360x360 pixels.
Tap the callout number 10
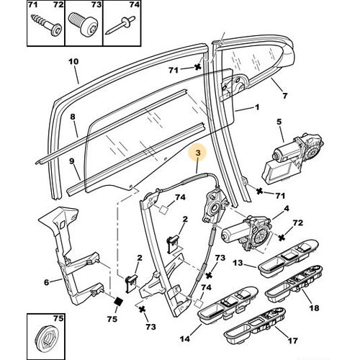72,62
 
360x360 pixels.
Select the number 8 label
72,116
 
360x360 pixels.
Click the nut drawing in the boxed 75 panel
45,336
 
